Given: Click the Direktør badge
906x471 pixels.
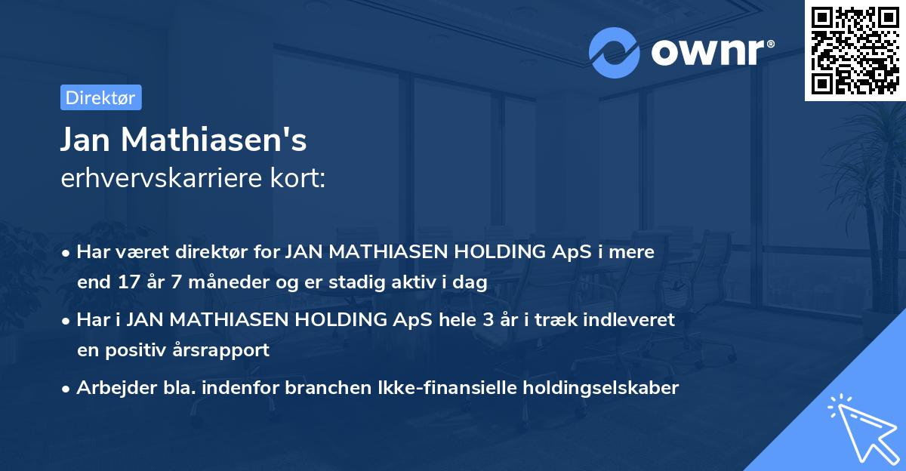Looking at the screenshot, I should point(100,97).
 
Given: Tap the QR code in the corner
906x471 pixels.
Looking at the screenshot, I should point(855,51).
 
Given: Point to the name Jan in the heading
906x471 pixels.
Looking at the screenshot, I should point(86,140).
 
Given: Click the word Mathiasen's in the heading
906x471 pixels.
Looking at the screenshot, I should point(214,140).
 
